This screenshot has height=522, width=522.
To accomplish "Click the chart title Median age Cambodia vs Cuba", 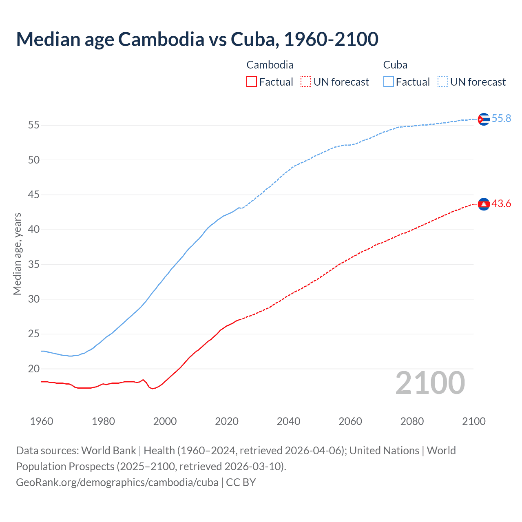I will coord(197,39).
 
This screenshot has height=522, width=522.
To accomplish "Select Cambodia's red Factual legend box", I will coord(252,82).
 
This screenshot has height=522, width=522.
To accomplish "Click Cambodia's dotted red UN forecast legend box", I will coord(306,82).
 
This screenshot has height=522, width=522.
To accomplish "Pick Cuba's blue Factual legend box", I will coord(389,82).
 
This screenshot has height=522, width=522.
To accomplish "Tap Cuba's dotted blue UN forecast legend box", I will coord(442,82).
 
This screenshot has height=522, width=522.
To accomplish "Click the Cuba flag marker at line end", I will coord(484,119).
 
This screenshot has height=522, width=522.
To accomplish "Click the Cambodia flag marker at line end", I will coord(484,204).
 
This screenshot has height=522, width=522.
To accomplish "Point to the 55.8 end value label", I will coord(501,119).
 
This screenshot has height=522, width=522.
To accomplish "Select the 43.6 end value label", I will coord(501,204).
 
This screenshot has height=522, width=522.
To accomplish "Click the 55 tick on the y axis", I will coord(34,125).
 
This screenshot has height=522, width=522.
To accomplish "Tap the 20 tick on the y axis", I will coord(34,369).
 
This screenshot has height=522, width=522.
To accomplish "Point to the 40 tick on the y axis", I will coord(34,230).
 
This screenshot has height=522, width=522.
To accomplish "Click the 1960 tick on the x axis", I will coord(42,421).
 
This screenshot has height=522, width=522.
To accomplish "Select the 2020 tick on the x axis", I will coord(227,421).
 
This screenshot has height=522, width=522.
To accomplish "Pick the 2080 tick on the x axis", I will coord(412,421).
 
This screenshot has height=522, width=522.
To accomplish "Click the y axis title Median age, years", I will coord(17,254).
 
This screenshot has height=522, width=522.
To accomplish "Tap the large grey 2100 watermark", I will coord(430,383).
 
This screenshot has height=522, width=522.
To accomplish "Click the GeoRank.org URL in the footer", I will coord(117,482).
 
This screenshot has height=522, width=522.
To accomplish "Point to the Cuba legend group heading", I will coord(395,65).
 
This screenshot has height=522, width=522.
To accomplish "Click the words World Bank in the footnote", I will coord(108,451).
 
